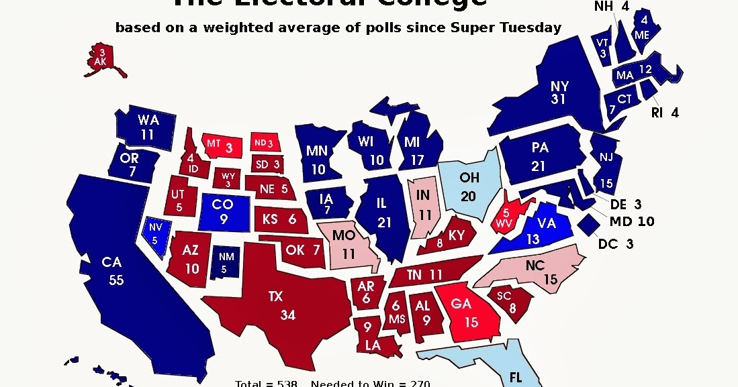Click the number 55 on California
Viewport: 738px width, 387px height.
click(116, 280)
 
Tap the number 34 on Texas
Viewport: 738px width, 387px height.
click(287, 315)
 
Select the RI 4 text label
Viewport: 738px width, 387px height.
click(665, 113)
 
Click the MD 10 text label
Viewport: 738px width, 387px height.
click(631, 221)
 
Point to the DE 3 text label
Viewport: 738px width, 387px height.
click(627, 205)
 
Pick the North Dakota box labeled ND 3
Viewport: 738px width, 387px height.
click(263, 143)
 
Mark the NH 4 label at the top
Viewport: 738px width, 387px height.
click(611, 7)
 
